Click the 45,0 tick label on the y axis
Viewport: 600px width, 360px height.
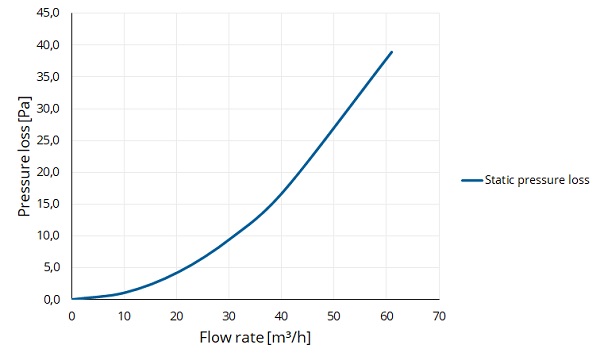point(48,13)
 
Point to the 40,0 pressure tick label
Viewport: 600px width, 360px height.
point(48,45)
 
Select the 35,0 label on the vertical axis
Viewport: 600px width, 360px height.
point(48,77)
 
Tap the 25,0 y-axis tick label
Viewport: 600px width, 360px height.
point(48,140)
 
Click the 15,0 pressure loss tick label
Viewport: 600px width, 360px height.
point(48,204)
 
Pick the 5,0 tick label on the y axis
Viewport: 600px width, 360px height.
point(52,267)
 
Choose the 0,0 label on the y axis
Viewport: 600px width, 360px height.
point(52,299)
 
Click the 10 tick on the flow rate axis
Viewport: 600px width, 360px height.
point(124,316)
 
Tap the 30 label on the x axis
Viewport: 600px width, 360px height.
point(229,316)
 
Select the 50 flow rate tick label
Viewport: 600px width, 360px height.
point(334,316)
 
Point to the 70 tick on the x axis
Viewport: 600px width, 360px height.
point(439,316)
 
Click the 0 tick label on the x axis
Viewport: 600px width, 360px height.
point(72,316)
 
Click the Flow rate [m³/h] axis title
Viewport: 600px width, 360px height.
point(255,338)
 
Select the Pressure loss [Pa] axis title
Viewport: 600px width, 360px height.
point(24,156)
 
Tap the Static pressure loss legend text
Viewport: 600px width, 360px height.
point(537,180)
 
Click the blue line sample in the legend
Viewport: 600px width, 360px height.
point(472,180)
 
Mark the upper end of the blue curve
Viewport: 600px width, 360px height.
point(391,52)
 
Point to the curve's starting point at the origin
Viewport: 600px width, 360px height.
point(72,299)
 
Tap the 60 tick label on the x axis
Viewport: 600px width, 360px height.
point(387,316)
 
